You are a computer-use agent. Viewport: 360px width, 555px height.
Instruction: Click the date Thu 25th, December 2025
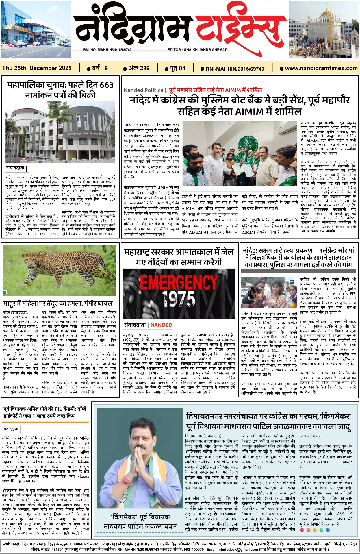coord(37,68)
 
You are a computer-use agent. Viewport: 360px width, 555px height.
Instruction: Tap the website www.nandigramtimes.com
coord(321,68)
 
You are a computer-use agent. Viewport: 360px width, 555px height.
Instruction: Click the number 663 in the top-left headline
coord(107,85)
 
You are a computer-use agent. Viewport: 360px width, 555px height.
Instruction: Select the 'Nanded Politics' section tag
coord(143,90)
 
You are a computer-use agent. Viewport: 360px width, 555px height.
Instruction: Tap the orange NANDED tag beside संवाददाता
coord(161,325)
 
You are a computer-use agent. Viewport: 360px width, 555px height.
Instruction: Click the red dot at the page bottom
coord(302,530)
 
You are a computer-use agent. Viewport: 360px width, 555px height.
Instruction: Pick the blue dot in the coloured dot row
coord(328,530)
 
